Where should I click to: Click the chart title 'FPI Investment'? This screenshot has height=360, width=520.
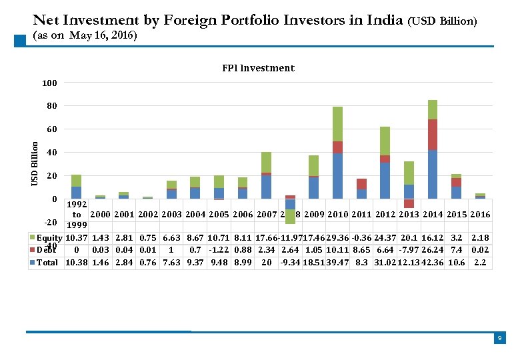[257, 68]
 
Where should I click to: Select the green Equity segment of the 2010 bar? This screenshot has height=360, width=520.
[337, 124]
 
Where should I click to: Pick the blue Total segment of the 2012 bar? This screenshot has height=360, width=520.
[385, 181]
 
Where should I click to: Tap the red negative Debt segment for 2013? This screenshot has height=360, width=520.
[409, 203]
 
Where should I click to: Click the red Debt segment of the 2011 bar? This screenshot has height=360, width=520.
[361, 184]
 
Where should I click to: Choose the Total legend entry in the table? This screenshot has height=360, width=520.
[46, 263]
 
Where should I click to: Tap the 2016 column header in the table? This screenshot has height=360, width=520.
[480, 215]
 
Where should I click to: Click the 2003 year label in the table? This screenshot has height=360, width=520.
[171, 215]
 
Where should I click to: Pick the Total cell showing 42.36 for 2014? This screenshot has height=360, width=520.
[433, 263]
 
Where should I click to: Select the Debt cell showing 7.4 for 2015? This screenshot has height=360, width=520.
[457, 250]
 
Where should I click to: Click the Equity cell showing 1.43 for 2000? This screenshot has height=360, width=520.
[100, 238]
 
